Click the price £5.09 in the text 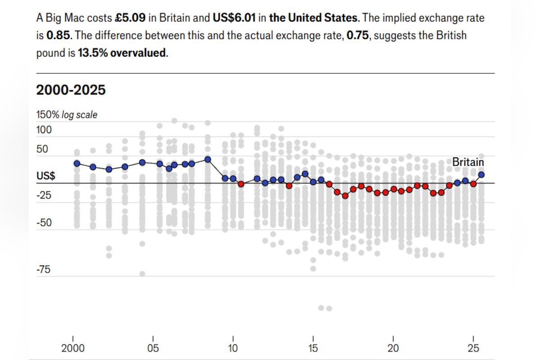click(x=130, y=18)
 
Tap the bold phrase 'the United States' click(x=314, y=18)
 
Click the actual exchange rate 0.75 click(x=357, y=36)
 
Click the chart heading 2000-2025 click(x=71, y=90)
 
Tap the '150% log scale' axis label click(x=67, y=115)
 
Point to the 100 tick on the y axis click(x=44, y=130)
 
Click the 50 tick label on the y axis click(x=42, y=149)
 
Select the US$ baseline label click(x=46, y=176)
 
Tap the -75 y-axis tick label click(x=44, y=270)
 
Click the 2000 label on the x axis click(x=72, y=348)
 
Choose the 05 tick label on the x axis click(x=153, y=348)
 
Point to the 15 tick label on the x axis click(x=313, y=348)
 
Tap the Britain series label click(x=468, y=162)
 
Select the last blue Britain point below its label click(x=481, y=175)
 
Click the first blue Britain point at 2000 click(x=77, y=163)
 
